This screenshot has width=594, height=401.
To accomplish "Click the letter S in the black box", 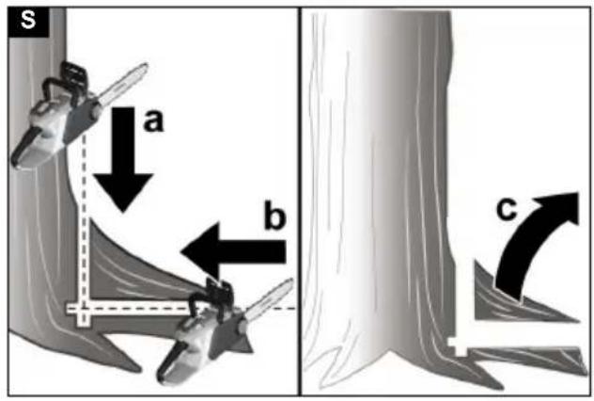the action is pos(28,20).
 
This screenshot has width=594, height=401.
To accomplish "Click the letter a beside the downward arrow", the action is pos(154,121).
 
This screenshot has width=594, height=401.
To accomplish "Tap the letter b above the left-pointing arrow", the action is pos(274,217).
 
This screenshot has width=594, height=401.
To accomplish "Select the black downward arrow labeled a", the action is pos(123,159).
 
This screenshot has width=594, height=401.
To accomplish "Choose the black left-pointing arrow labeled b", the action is pos(232,251).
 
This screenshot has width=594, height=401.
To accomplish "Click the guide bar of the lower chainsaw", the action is pos(268,298).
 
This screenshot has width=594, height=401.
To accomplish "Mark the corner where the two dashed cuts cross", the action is pos(84,309).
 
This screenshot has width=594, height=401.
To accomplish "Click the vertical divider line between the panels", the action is pos(300,201).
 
